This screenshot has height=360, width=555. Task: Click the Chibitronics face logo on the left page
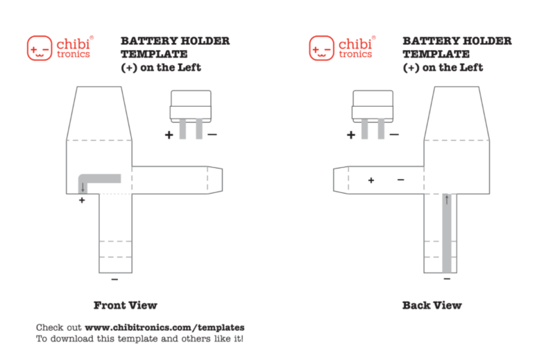tap(40, 49)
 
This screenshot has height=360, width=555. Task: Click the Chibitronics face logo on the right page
tap(321, 49)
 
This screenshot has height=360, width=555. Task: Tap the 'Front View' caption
tap(126, 305)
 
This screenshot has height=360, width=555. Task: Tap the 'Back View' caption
tap(432, 305)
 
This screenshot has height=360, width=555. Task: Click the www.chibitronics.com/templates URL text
tap(164, 327)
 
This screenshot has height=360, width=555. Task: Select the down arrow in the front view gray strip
tap(83, 187)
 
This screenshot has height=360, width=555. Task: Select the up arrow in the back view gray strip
tap(447, 200)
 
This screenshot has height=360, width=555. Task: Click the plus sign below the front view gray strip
tap(82, 200)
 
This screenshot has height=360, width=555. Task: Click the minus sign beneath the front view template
tap(114, 280)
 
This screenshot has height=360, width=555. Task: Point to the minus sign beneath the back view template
tap(447, 279)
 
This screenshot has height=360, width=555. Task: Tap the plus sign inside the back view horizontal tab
tap(371, 180)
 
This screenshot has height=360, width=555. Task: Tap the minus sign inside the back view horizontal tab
tap(400, 180)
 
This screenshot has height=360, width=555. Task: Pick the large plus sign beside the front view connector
tap(169, 135)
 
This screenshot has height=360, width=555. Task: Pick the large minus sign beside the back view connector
tap(394, 134)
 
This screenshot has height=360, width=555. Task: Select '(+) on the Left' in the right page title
tap(443, 68)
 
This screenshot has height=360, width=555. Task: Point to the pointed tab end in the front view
tap(216, 179)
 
